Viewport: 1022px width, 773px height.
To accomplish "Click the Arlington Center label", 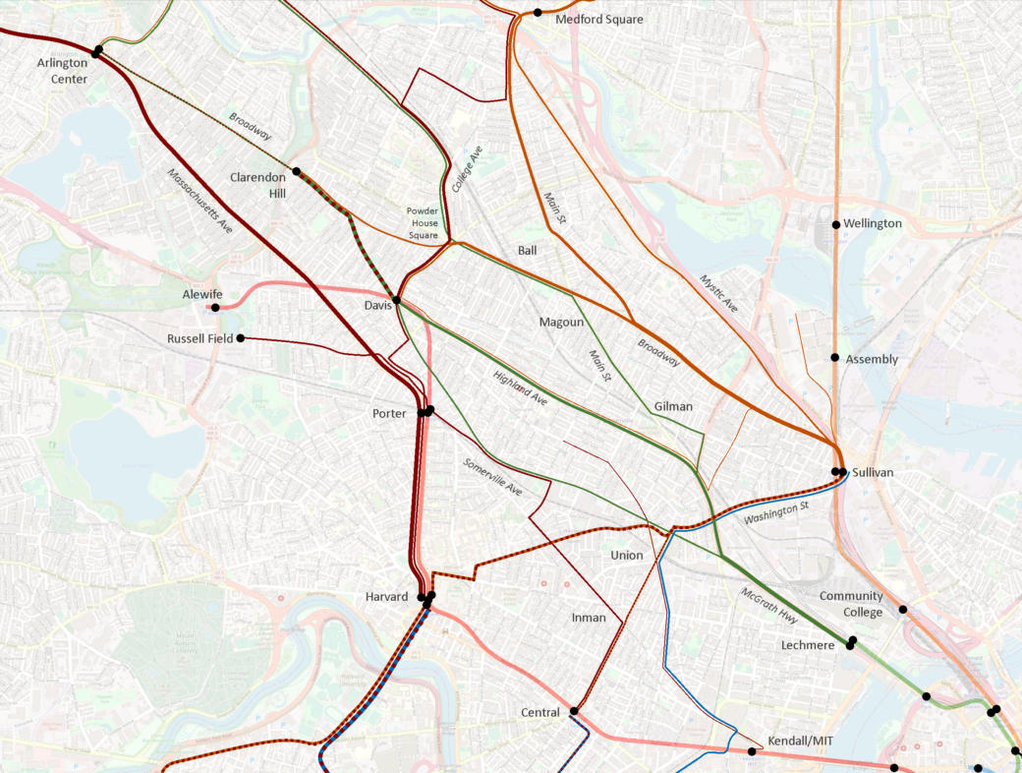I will click(x=63, y=71).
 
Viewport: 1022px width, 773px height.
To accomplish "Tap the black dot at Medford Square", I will click(x=538, y=13).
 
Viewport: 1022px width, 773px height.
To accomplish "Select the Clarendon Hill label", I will click(x=257, y=185).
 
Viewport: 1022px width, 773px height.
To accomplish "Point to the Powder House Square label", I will click(x=423, y=223).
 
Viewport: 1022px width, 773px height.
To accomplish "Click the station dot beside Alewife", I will click(x=215, y=308).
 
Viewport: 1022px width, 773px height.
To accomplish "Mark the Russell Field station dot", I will click(x=241, y=338).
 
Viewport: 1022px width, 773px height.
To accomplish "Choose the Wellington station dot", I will click(x=836, y=225).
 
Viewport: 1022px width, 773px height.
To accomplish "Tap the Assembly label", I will click(x=872, y=360).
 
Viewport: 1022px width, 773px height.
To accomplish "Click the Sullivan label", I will click(x=873, y=473).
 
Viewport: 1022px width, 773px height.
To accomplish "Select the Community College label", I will click(x=851, y=604).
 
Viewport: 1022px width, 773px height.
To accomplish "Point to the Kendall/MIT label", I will click(x=798, y=751).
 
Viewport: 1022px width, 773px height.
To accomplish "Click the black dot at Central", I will click(x=574, y=711).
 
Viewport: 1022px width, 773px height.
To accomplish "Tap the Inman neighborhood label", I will click(x=590, y=618).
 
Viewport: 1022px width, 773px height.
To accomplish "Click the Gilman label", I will click(x=673, y=406).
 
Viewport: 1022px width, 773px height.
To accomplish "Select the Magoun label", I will click(x=562, y=323).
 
